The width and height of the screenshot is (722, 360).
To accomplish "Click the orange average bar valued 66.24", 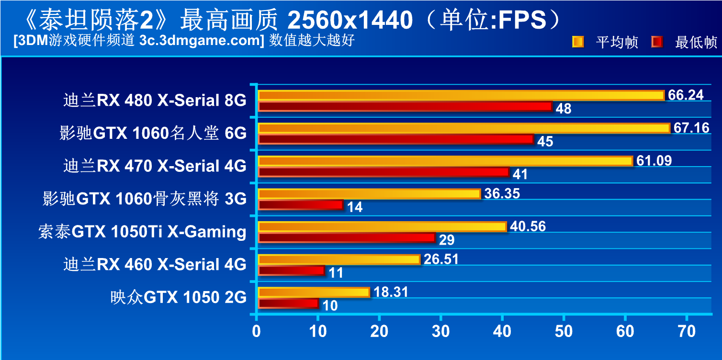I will pos(461,95).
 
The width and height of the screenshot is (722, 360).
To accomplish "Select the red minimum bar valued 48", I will pos(405,106).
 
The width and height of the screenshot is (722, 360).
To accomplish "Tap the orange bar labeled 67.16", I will pos(464,128).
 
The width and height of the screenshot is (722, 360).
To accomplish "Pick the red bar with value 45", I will pos(395,139).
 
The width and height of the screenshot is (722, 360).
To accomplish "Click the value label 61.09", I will pos(654,160).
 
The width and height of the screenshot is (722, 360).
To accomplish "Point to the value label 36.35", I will pos(502,193).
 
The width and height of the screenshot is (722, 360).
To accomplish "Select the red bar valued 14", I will pos(301,205).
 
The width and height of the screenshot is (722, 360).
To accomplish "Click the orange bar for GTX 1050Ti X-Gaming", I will pos(382,226).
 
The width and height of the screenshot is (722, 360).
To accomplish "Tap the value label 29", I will pos(447,240).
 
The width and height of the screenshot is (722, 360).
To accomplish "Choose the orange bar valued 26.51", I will pos(339,259).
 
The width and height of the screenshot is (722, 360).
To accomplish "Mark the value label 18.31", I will pos(390,292).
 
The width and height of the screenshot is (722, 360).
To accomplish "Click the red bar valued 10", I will pos(288,304).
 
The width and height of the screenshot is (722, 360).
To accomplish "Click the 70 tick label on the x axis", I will pos(687,331).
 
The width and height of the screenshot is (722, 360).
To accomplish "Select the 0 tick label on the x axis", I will pos(257,331).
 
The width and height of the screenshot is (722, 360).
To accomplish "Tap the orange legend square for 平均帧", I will pos(577,42).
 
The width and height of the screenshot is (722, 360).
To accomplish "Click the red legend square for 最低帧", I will pos(657,42).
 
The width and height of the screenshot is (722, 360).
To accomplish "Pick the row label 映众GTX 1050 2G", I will pos(178,297).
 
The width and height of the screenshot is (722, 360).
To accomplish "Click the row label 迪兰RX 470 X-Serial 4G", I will pos(155,166).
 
